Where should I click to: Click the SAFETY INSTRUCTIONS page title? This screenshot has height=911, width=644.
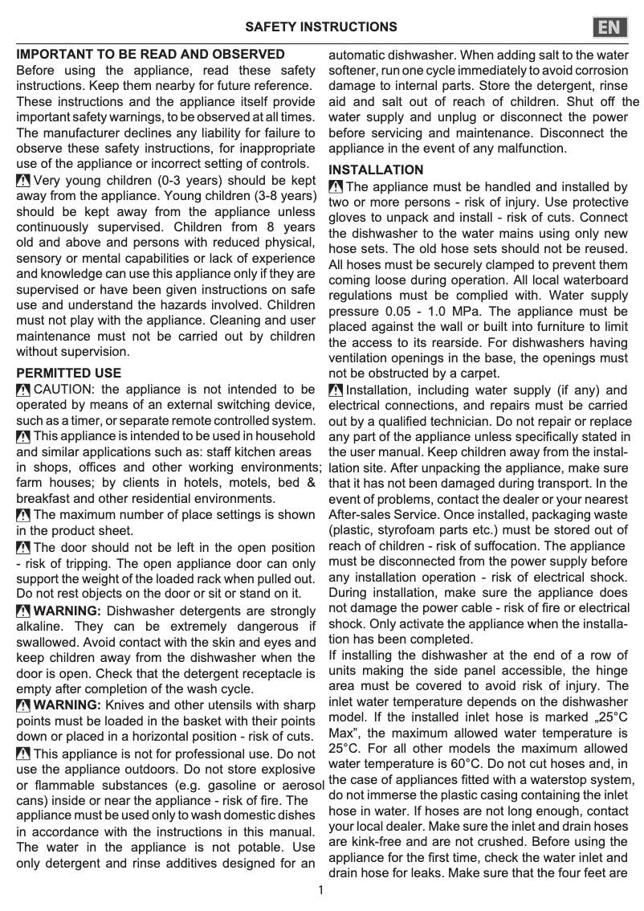[x=321, y=27]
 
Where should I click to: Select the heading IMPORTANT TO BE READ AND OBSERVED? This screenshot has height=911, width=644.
[x=151, y=55]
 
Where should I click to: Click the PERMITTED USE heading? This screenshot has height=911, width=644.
[x=69, y=373]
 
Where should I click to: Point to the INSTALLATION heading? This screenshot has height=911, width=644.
[x=377, y=170]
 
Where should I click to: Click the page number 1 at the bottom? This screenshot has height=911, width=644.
[x=320, y=889]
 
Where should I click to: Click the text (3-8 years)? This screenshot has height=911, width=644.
[x=275, y=196]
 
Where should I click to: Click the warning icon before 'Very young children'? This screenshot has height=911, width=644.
[x=23, y=181]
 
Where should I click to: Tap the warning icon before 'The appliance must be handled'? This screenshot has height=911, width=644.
[x=336, y=187]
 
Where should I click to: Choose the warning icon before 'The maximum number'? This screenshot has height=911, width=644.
[x=23, y=515]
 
